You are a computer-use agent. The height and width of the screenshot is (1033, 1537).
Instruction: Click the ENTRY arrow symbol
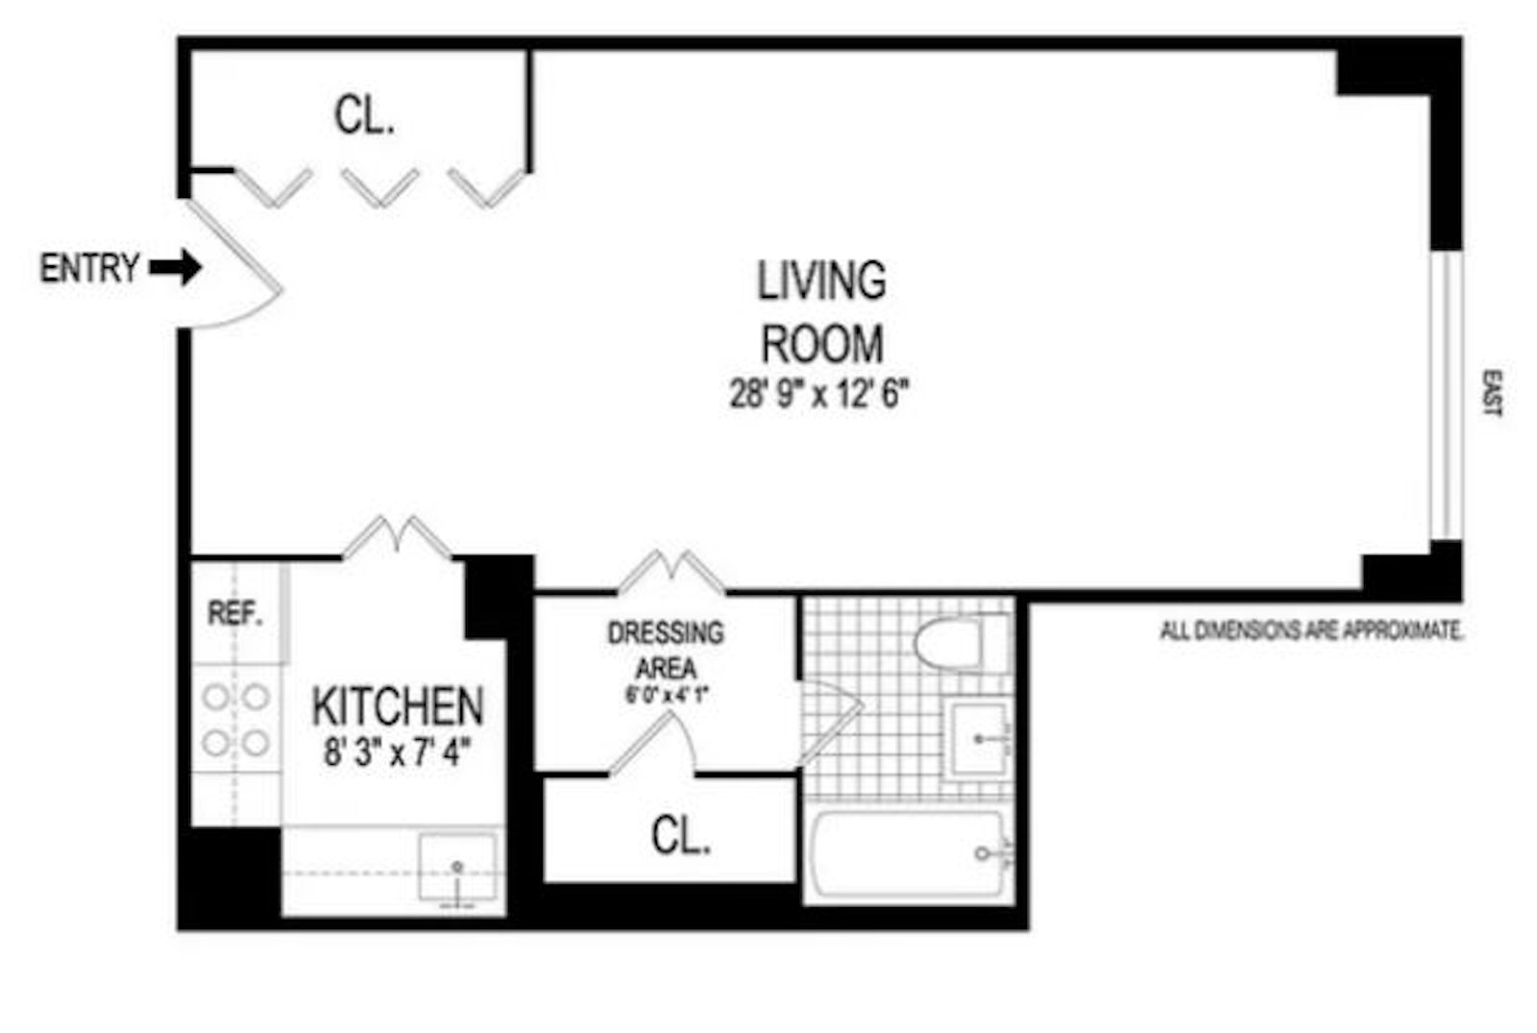176,267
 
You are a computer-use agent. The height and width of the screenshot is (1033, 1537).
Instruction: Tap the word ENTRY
89,268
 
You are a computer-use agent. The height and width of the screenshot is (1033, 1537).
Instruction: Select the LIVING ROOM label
821,311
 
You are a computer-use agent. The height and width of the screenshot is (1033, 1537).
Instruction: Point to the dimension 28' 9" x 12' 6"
818,394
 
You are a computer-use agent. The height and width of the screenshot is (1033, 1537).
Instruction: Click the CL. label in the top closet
364,116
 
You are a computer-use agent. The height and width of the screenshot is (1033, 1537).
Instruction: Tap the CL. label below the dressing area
680,835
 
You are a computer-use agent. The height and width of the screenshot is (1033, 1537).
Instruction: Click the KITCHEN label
398,707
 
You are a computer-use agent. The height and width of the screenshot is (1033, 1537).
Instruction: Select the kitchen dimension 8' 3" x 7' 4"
397,751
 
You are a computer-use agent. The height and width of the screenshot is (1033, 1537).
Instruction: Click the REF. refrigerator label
235,614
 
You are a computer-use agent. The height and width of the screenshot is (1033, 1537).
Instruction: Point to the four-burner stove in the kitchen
235,720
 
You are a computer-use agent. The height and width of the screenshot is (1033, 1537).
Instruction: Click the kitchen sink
458,870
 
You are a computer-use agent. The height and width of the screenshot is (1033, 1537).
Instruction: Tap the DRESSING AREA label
665,650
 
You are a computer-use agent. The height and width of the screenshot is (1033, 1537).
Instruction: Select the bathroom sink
978,740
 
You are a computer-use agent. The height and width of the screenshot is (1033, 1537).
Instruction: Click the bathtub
907,855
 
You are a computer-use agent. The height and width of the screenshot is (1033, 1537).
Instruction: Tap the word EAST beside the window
1491,393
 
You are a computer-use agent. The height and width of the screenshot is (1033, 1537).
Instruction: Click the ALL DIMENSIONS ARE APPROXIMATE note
1311,631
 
